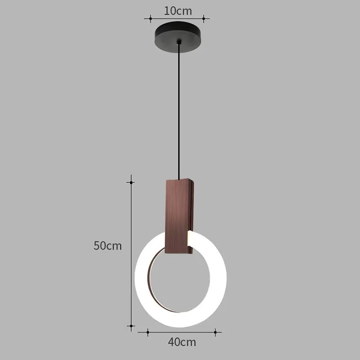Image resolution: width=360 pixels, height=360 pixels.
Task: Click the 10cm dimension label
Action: click(x=178, y=11)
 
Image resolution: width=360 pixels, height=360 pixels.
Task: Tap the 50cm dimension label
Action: click(x=108, y=246)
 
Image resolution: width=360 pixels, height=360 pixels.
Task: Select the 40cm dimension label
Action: click(x=182, y=342)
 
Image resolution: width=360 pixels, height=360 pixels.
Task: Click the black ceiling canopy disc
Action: click(x=178, y=37)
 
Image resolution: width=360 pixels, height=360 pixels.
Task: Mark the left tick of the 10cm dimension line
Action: click(x=150, y=18)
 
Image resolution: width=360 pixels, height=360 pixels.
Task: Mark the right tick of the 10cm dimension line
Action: click(x=204, y=18)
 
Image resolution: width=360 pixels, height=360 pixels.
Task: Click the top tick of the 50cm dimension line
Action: click(x=131, y=182)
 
